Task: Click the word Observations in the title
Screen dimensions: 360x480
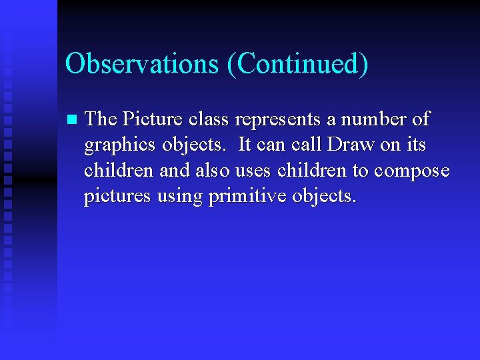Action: click(141, 64)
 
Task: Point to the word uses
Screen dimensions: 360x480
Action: click(253, 171)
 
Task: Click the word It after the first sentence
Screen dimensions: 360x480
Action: click(245, 145)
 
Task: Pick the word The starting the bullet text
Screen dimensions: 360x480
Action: click(101, 120)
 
